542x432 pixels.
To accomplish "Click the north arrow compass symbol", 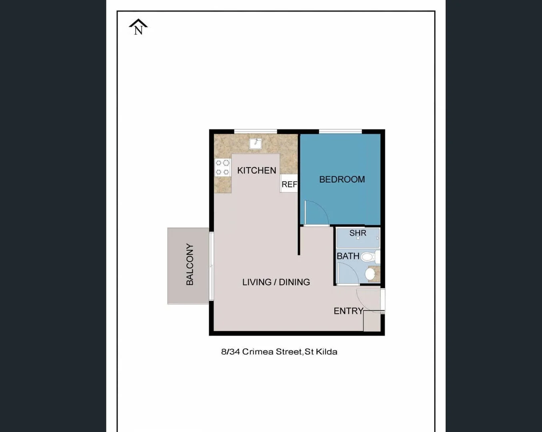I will (x=138, y=27).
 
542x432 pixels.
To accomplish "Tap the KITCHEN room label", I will (x=256, y=170).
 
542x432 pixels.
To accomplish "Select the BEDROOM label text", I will (x=342, y=179).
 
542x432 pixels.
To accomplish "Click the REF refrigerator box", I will (x=289, y=184).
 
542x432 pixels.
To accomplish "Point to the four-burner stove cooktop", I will (x=222, y=168).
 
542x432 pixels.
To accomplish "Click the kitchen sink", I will (x=255, y=143).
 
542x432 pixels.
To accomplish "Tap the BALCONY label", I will (x=190, y=264).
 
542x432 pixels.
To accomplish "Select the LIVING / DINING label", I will (x=276, y=282).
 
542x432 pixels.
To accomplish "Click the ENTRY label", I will (x=348, y=311).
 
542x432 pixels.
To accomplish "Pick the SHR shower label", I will (x=358, y=233).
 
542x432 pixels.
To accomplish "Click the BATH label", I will (x=348, y=256).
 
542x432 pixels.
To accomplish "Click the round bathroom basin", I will (x=370, y=274).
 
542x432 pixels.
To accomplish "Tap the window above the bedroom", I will (x=340, y=131).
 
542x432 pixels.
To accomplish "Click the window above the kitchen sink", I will (x=255, y=131).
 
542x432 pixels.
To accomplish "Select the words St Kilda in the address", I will (x=321, y=352).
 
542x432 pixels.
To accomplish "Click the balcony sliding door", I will (x=211, y=266).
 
